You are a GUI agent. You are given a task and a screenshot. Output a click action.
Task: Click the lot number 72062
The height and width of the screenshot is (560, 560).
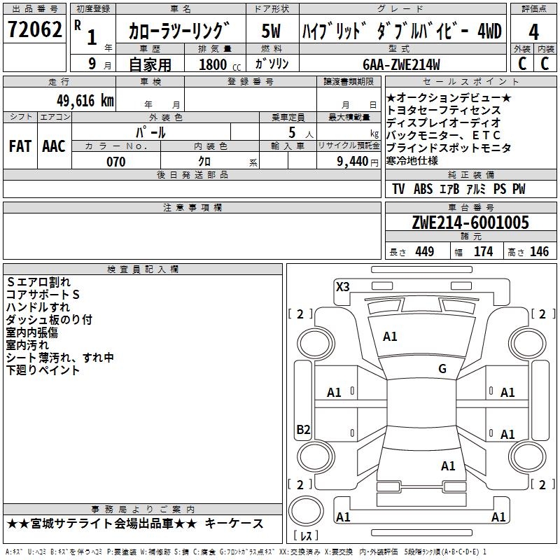[35, 31]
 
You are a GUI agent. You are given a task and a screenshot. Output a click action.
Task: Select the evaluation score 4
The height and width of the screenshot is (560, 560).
[533, 32]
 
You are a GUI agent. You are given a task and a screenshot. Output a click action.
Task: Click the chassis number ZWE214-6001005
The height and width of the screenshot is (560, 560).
[470, 223]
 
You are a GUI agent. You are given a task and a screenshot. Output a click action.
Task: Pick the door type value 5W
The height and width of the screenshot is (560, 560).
[272, 31]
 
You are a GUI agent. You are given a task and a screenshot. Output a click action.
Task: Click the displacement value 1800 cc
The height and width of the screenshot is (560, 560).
[216, 64]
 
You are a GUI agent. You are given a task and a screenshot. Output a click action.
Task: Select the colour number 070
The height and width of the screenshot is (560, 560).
[115, 162]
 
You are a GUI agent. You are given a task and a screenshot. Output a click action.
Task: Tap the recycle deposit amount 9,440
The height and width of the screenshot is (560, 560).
[353, 162]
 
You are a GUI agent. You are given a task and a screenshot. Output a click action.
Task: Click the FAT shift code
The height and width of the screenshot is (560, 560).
[20, 146]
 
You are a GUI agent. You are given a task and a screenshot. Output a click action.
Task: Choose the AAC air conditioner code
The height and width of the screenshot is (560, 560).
[54, 146]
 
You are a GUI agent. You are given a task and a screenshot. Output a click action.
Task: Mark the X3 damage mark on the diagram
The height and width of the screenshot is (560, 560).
[342, 286]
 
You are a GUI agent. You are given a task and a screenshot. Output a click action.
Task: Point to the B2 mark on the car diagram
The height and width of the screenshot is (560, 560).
[303, 430]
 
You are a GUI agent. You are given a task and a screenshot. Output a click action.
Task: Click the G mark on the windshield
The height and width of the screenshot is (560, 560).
[442, 369]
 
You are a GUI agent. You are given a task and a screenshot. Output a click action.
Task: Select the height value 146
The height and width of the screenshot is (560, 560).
[539, 251]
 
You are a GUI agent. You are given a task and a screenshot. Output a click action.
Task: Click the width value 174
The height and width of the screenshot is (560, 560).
[484, 251]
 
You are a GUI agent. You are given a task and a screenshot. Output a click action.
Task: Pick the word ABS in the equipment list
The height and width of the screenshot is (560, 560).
[423, 189]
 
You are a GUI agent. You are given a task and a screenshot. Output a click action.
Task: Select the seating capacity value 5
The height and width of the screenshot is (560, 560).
[290, 132]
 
